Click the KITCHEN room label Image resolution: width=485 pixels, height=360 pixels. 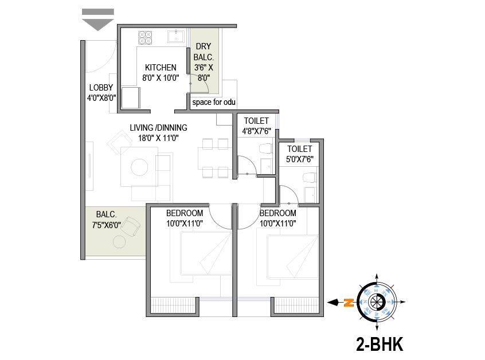click(x=161, y=68)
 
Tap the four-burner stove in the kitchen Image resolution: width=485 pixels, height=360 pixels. click(x=145, y=38)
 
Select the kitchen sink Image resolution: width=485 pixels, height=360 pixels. click(x=175, y=36)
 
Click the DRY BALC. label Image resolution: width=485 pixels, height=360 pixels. click(x=204, y=52)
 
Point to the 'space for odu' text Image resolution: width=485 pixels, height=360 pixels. click(x=214, y=102)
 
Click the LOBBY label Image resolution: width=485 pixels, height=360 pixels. click(x=101, y=88)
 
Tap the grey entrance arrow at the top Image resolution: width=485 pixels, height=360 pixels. click(x=97, y=20)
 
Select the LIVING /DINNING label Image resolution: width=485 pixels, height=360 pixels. click(x=158, y=127)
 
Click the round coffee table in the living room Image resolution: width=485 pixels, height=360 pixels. click(x=139, y=167)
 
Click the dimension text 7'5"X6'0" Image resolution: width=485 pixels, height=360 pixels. click(x=107, y=225)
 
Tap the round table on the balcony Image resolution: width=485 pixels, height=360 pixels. click(x=119, y=242)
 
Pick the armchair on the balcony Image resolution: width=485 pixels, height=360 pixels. click(x=130, y=226)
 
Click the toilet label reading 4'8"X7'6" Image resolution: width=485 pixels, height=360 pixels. click(x=256, y=131)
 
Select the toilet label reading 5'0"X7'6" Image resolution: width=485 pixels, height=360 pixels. click(x=300, y=159)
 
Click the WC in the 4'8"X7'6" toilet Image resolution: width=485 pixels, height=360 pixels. click(x=265, y=148)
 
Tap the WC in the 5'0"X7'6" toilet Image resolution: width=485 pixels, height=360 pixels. click(x=310, y=178)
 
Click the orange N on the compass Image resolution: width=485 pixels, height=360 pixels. click(x=349, y=303)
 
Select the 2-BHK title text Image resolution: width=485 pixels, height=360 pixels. click(x=380, y=344)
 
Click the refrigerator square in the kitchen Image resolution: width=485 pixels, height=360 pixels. click(x=131, y=97)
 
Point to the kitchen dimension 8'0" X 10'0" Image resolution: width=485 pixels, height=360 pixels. click(x=161, y=78)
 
